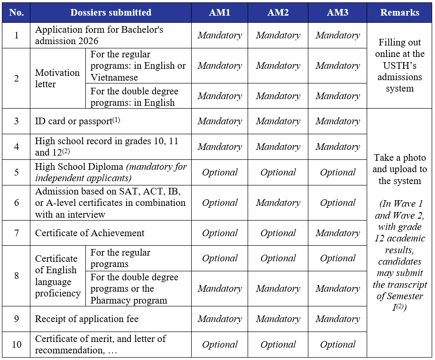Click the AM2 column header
tap(278, 13)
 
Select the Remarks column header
tap(399, 13)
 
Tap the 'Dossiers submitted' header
tap(111, 13)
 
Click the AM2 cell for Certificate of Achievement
tap(278, 233)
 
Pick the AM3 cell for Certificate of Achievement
tap(337, 233)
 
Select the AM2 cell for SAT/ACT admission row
tap(278, 203)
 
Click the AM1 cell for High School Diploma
tap(220, 172)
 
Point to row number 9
tap(16, 319)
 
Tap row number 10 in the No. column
tap(16, 344)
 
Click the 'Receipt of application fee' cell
tap(87, 319)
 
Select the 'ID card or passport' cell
tap(77, 121)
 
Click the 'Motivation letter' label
tap(57, 78)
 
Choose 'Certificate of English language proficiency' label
tap(57, 276)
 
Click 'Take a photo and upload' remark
tap(399, 169)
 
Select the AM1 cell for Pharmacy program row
tap(220, 288)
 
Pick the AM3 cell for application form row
tap(337, 35)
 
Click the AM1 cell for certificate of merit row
tap(220, 344)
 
